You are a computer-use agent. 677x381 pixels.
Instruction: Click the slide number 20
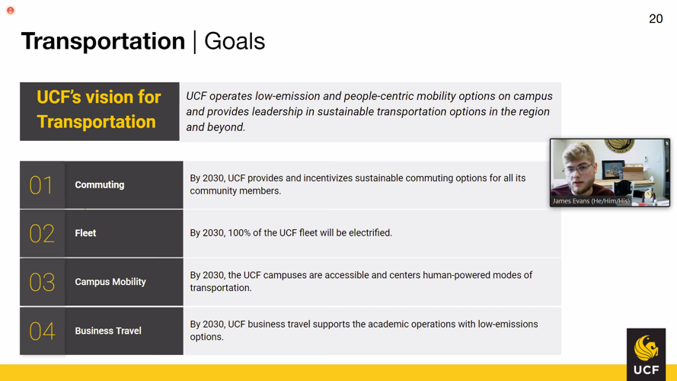pyautogui.click(x=656, y=19)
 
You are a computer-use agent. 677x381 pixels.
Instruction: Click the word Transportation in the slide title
pyautogui.click(x=103, y=41)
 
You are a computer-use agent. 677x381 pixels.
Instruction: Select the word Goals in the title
pyautogui.click(x=235, y=41)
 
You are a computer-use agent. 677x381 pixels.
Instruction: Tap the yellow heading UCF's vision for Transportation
pyautogui.click(x=99, y=110)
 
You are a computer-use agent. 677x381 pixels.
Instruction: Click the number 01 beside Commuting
pyautogui.click(x=41, y=185)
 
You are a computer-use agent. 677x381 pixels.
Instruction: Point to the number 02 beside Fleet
pyautogui.click(x=41, y=233)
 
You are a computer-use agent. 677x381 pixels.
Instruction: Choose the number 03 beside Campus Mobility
pyautogui.click(x=41, y=282)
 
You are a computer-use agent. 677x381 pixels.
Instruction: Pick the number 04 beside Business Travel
pyautogui.click(x=41, y=331)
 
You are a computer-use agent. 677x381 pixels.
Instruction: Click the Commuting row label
pyautogui.click(x=99, y=185)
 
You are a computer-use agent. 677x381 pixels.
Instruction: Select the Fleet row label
pyautogui.click(x=85, y=233)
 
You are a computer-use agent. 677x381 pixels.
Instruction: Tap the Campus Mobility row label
pyautogui.click(x=110, y=282)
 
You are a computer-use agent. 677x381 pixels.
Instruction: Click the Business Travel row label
pyautogui.click(x=107, y=331)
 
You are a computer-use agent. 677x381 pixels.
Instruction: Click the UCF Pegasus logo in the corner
pyautogui.click(x=646, y=354)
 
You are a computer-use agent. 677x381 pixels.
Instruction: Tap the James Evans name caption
pyautogui.click(x=591, y=201)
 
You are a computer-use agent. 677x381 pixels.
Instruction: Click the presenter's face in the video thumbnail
pyautogui.click(x=580, y=168)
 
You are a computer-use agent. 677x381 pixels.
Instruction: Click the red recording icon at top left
pyautogui.click(x=11, y=11)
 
